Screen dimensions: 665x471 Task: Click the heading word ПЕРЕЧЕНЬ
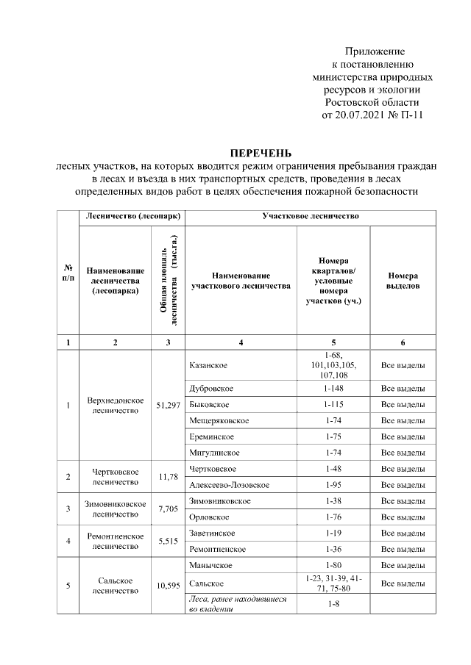261,153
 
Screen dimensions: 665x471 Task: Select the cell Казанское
208,365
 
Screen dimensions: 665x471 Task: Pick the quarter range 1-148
333,388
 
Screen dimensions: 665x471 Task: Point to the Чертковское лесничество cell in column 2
116,477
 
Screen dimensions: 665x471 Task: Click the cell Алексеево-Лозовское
229,485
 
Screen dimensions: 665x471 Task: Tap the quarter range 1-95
333,485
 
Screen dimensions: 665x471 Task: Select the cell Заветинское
212,533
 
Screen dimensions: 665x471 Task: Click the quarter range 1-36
333,549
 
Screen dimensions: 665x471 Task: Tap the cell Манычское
210,565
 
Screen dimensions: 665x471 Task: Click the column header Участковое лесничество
310,217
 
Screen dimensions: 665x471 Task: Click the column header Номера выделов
403,279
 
